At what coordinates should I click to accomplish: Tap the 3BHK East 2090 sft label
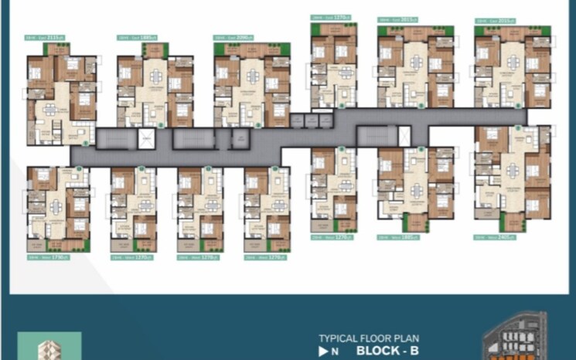click(233, 37)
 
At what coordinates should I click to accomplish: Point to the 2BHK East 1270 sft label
click(329, 17)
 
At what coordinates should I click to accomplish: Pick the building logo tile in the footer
click(49, 346)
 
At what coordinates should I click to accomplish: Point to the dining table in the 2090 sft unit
click(253, 77)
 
